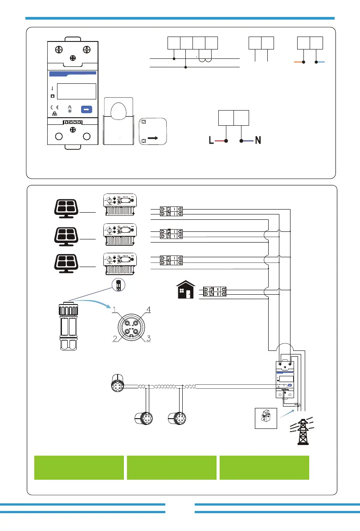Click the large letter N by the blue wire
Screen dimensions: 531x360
pyautogui.click(x=258, y=141)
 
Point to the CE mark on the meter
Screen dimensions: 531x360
pyautogui.click(x=54, y=107)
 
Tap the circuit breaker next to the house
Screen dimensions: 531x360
pyautogui.click(x=214, y=292)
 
